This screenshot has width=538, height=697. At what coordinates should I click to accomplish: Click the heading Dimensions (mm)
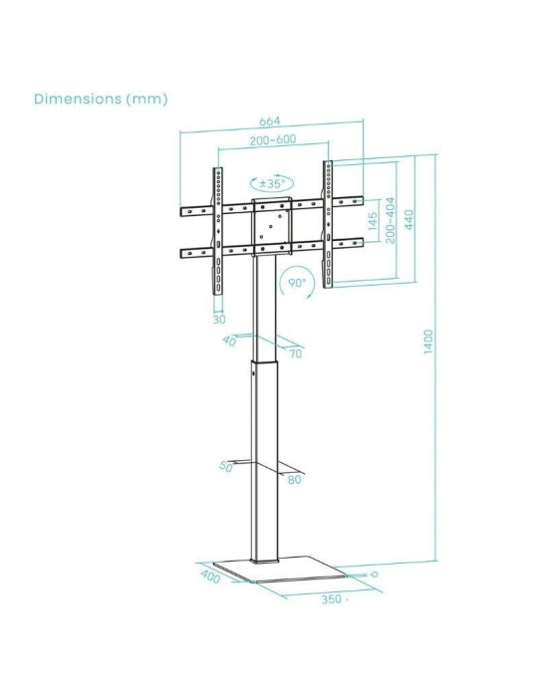point(101,99)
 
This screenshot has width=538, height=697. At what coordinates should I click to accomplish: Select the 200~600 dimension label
point(271,141)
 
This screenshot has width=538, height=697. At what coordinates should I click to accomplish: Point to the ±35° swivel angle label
point(272,183)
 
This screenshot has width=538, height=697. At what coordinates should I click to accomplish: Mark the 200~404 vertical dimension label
point(391,220)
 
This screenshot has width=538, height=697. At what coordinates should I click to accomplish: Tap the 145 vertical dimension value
point(372,221)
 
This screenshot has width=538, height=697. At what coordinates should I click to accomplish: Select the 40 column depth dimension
point(229,342)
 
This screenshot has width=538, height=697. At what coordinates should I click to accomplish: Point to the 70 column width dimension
point(295,352)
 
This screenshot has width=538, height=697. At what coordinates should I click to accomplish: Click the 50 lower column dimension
point(226,466)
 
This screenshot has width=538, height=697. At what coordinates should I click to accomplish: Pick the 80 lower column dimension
point(293,479)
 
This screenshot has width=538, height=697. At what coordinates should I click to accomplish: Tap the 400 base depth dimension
point(210,577)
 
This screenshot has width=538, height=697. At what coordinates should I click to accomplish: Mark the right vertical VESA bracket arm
point(327,224)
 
